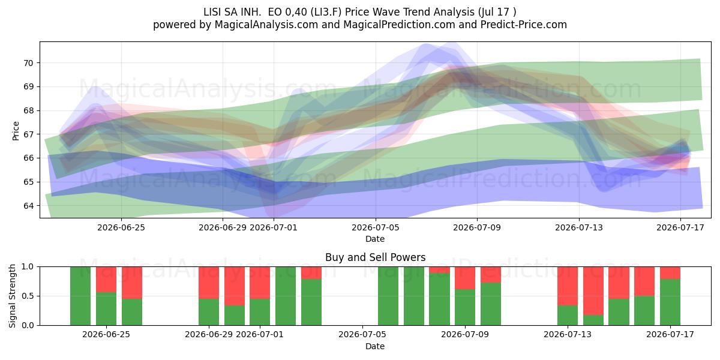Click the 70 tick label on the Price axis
click(x=28, y=63)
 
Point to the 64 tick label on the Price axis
click(x=28, y=206)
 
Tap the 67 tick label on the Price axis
click(x=28, y=134)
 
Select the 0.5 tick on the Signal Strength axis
click(x=28, y=296)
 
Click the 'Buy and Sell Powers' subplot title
click(x=375, y=257)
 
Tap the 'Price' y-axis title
click(x=16, y=131)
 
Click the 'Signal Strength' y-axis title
click(x=12, y=296)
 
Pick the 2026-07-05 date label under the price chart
click(x=375, y=227)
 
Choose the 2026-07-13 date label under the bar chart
click(x=568, y=335)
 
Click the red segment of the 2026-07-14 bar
click(x=593, y=291)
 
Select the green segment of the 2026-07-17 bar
click(x=670, y=302)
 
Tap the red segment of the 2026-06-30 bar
click(x=235, y=286)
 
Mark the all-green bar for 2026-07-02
click(x=286, y=296)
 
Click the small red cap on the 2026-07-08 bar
click(x=439, y=270)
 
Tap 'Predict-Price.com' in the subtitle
click(x=524, y=25)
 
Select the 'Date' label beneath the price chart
click(x=375, y=239)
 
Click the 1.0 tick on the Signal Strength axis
click(x=28, y=267)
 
